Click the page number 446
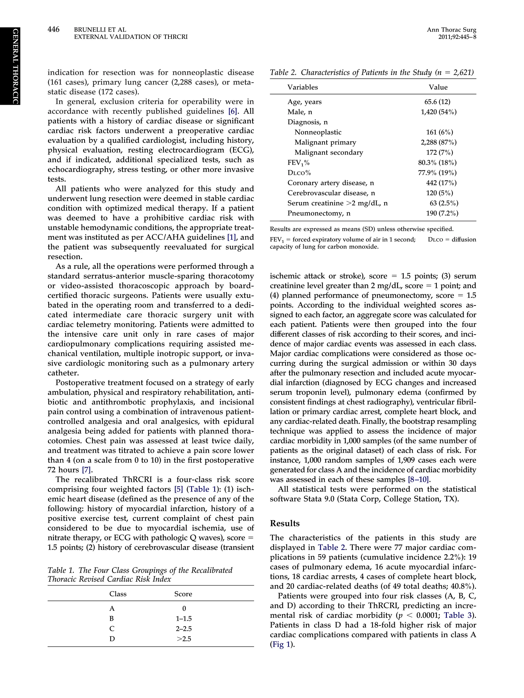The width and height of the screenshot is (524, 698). pos(53,29)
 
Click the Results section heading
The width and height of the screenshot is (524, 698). pos(285,523)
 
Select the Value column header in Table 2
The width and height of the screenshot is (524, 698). pos(438,87)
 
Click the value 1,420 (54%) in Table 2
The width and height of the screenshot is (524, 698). pos(438,112)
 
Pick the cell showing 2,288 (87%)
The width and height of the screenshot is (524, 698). pos(438,142)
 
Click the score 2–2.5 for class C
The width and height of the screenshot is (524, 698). pos(183,628)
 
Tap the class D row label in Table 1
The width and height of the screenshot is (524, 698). pos(112,639)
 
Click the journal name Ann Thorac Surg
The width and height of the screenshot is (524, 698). pos(451,30)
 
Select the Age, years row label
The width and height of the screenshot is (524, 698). pos(304,102)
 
